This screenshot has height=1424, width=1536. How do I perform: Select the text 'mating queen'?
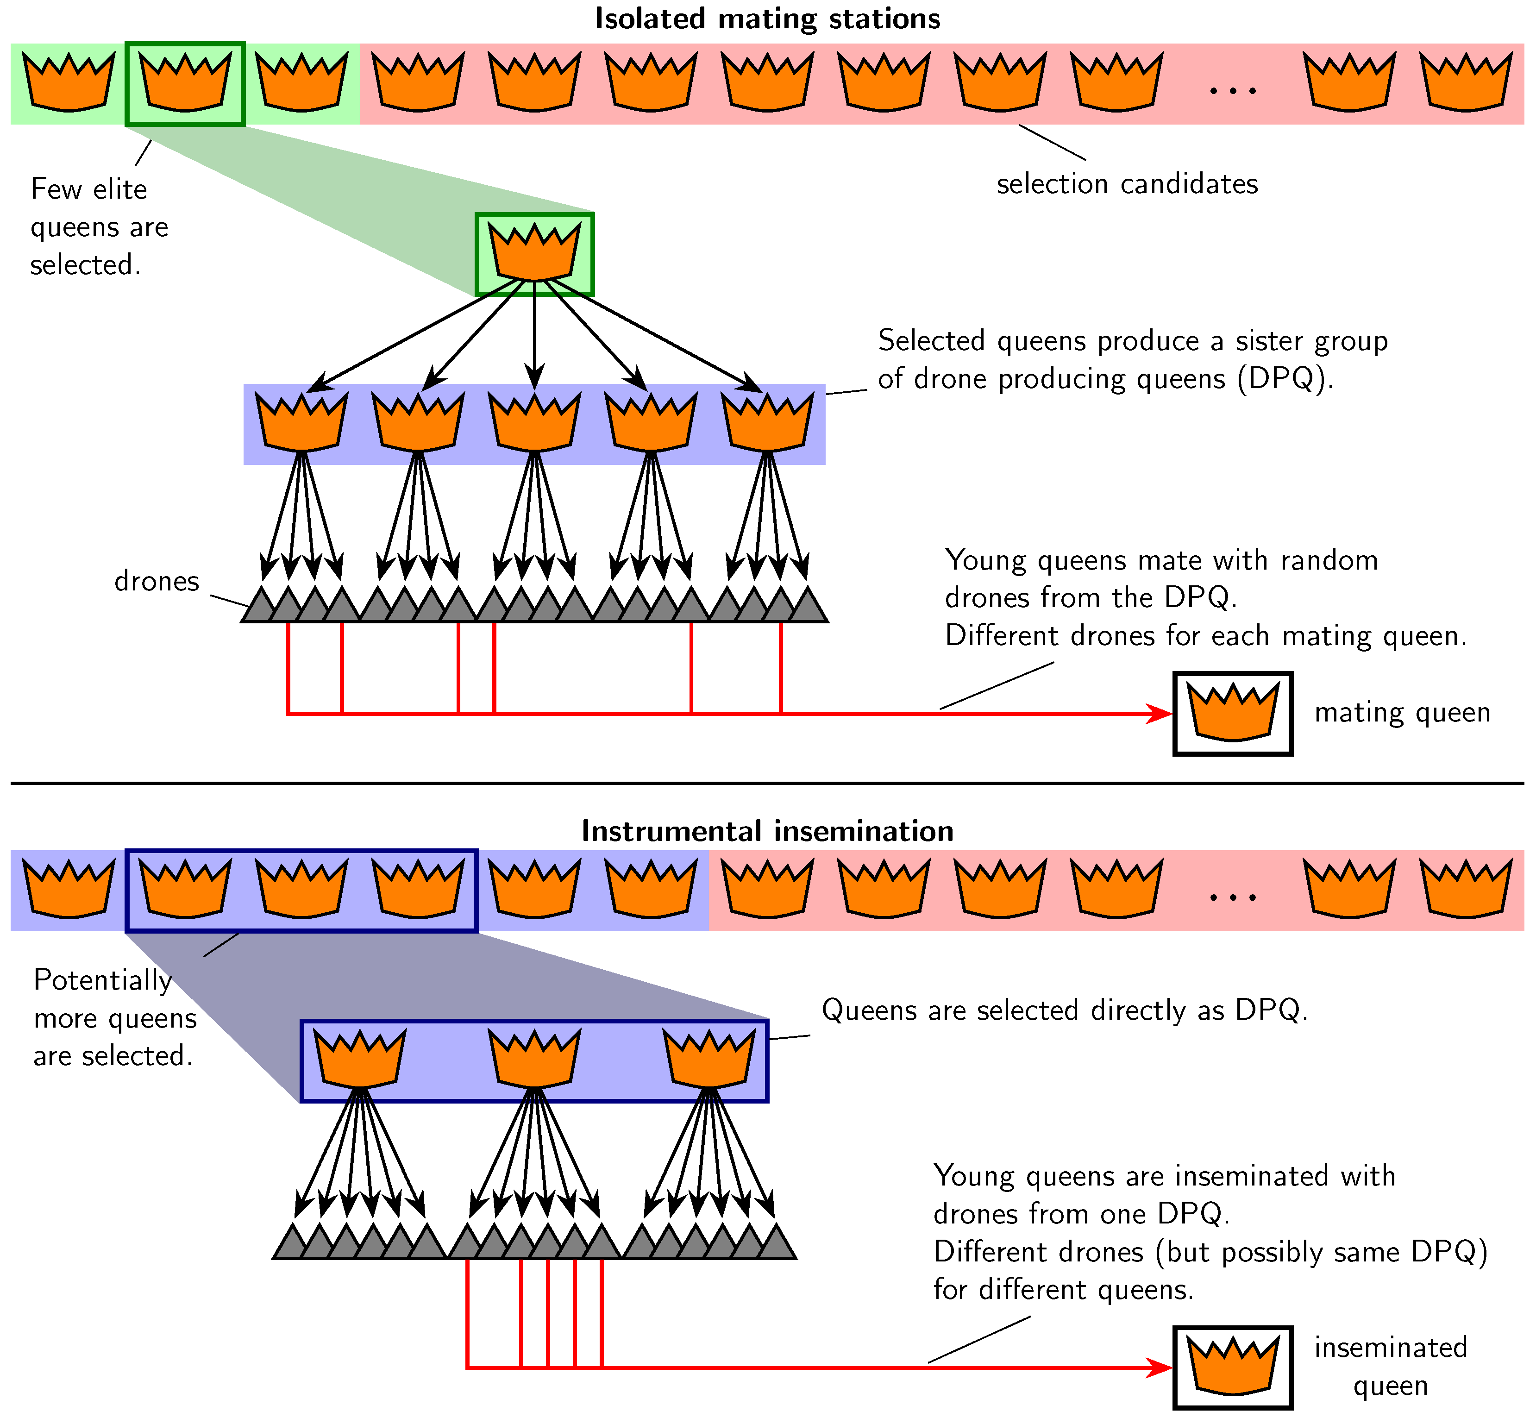(x=1401, y=713)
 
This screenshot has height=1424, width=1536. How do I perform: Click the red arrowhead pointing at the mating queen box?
(x=1160, y=714)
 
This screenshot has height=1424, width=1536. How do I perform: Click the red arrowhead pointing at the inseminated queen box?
(x=1160, y=1368)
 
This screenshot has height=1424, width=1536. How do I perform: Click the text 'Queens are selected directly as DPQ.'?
(x=1064, y=1010)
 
